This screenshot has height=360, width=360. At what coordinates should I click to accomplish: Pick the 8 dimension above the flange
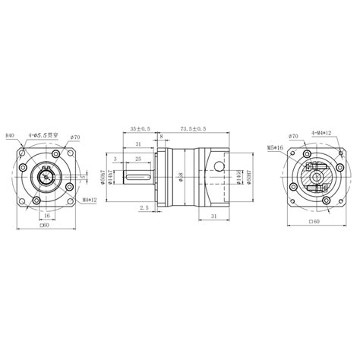(x=160, y=137)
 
